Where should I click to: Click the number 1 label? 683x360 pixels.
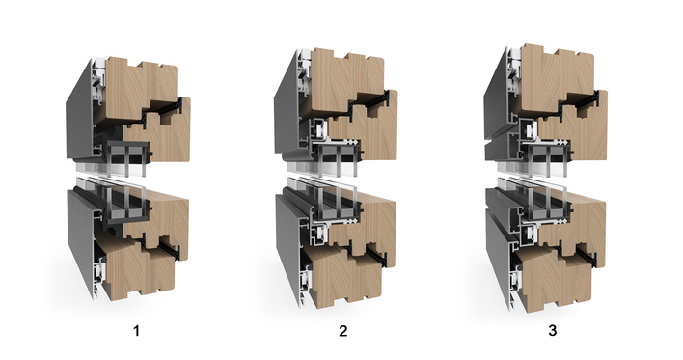tap(137, 331)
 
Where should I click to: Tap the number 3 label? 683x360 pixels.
tap(553, 331)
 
